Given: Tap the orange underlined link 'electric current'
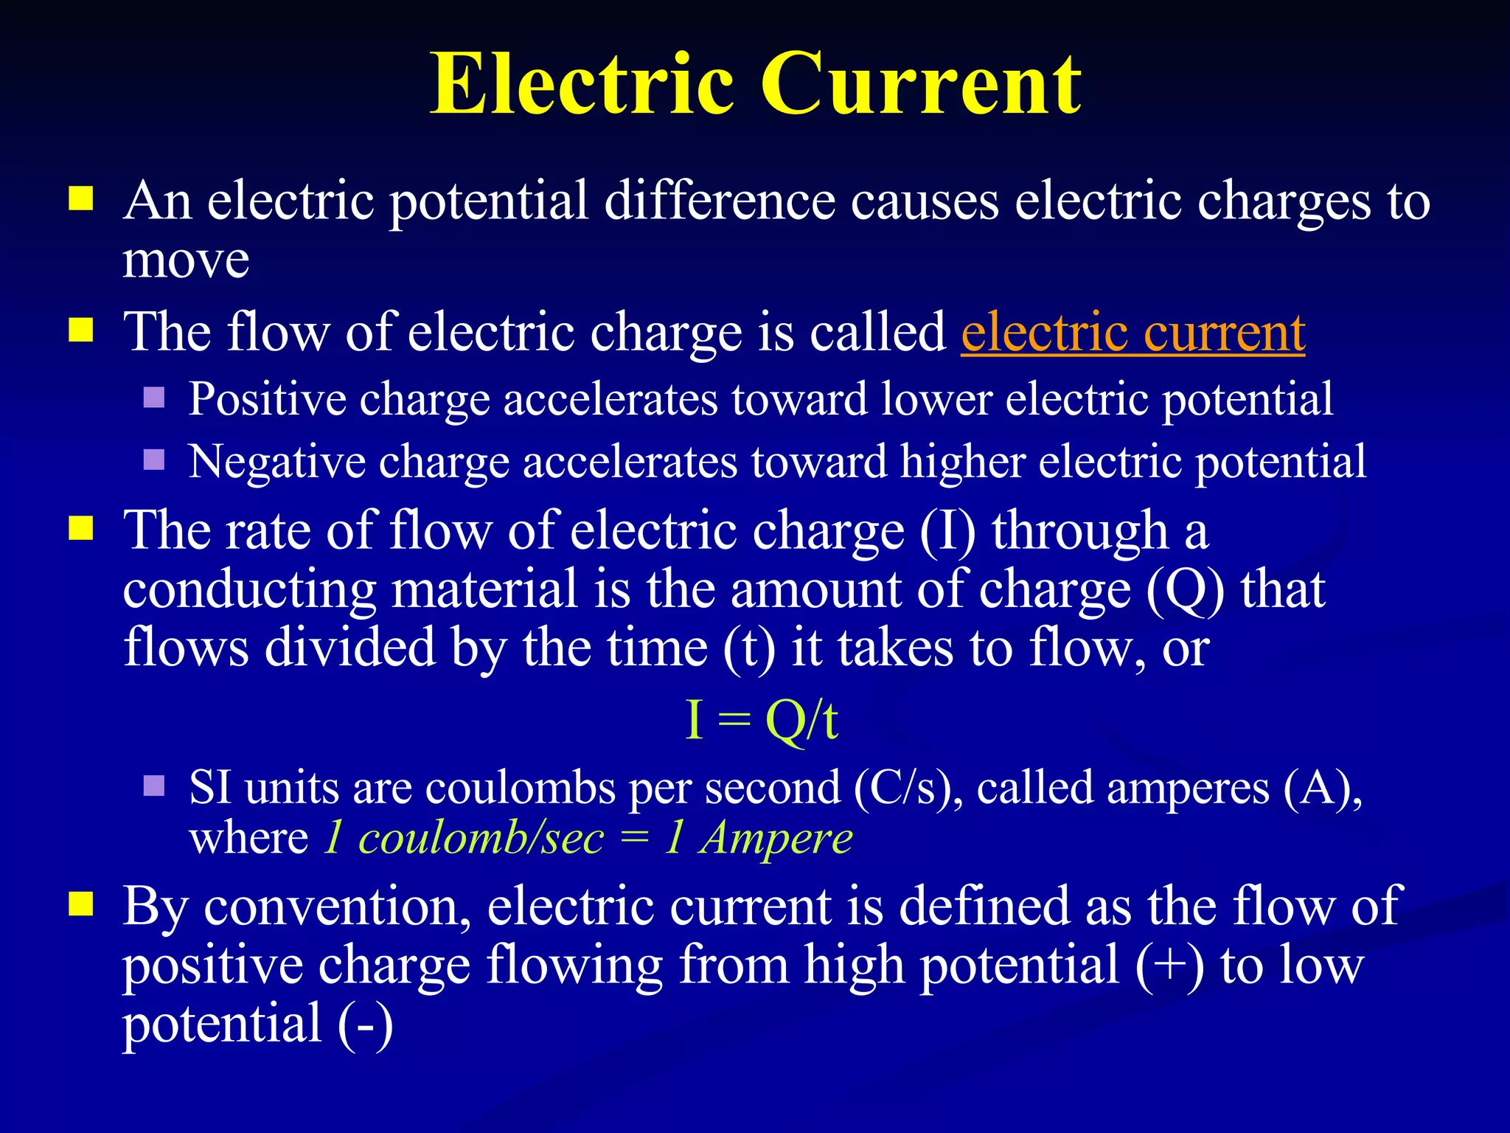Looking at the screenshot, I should [x=1132, y=333].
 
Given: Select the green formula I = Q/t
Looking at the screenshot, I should [x=762, y=720].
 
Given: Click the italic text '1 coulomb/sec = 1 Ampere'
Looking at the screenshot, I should [x=588, y=838].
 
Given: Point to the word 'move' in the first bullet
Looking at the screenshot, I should [x=186, y=261].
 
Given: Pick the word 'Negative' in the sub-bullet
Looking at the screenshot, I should [x=276, y=462].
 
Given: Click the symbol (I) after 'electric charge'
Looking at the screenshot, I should [x=947, y=531].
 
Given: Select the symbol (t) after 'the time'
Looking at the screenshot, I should [x=748, y=648].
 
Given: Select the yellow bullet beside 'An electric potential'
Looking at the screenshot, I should [x=81, y=198].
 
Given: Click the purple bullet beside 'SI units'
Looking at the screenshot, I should [x=153, y=785].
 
